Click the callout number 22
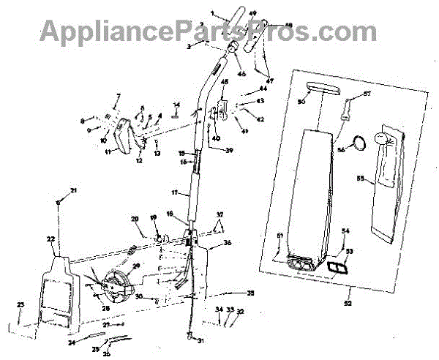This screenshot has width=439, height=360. [x=50, y=239]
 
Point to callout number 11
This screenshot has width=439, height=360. [x=108, y=151]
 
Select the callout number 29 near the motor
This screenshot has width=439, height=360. [x=135, y=266]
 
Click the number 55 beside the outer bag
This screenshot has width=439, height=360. [x=359, y=178]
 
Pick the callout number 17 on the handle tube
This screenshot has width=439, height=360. [x=176, y=192]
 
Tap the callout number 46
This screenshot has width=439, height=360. [x=241, y=75]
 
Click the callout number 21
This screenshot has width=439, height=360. [x=73, y=191]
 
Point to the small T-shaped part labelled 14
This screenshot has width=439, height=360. [x=176, y=111]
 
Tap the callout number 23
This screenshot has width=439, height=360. [x=20, y=304]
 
